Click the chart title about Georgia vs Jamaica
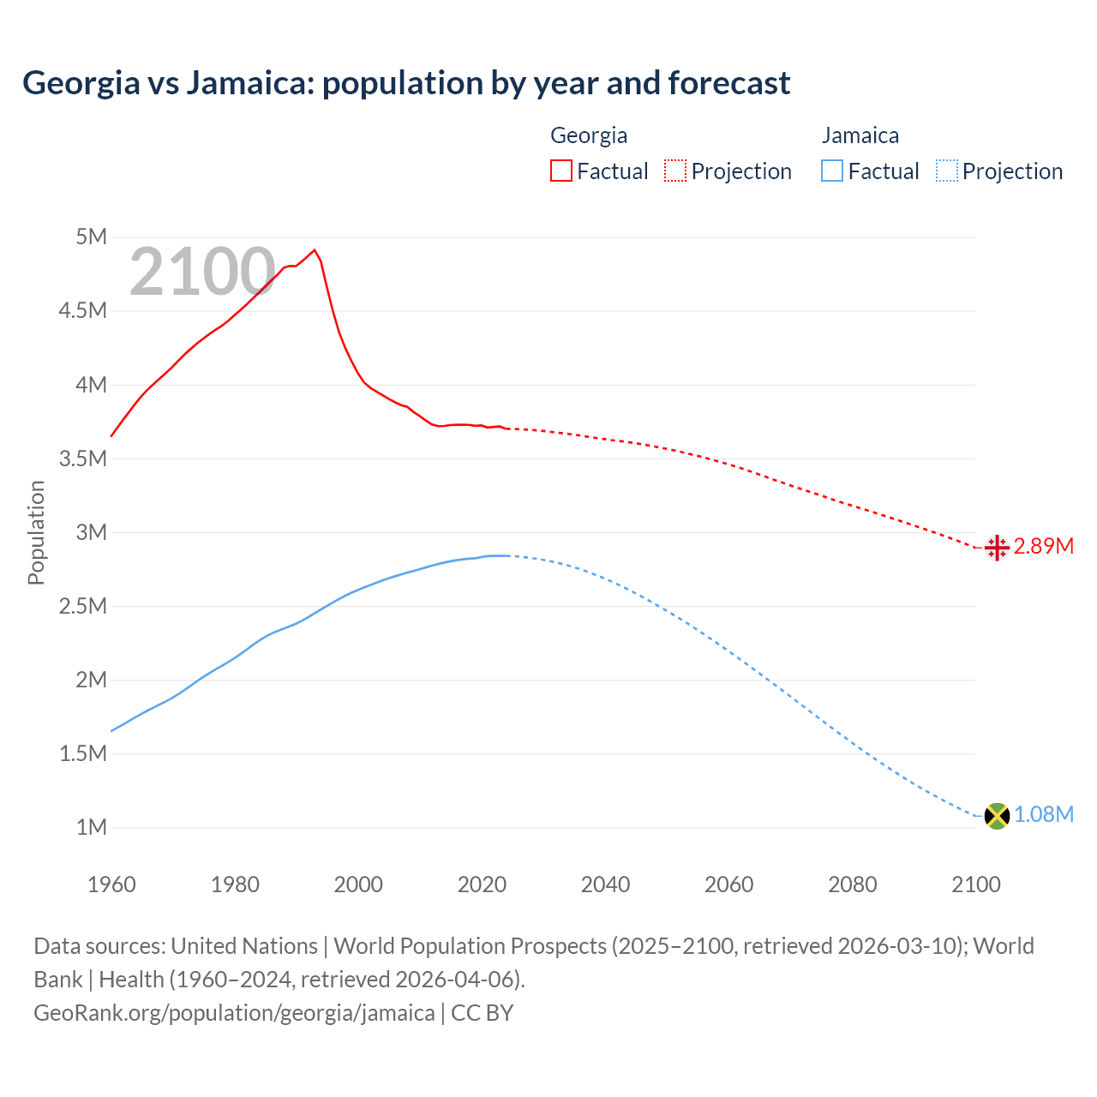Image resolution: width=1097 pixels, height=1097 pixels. pos(406,83)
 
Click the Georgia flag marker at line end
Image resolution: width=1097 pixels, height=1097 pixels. pos(997,547)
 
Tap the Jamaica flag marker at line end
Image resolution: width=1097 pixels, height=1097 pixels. pos(997,815)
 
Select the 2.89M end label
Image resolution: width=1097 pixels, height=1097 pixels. pos(1043,547)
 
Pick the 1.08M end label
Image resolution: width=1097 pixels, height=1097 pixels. pos(1043,815)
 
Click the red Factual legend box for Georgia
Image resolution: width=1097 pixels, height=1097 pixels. pos(561,171)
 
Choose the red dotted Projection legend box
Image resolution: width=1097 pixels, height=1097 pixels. pos(675,171)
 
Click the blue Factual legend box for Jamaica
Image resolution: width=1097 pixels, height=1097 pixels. pos(832,171)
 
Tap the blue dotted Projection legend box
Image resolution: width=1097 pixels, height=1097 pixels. pos(947,171)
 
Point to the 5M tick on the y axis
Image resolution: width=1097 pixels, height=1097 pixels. pos(92,237)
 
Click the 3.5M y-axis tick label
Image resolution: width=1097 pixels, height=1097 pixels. pos(83,459)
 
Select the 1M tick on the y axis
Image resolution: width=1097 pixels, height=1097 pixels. pos(92,828)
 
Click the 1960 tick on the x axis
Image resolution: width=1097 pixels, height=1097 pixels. pos(111,884)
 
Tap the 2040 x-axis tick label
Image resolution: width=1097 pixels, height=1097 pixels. pos(605,884)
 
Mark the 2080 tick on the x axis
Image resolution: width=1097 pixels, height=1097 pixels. pos(852,884)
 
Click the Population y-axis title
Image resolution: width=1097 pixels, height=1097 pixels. pos(36,532)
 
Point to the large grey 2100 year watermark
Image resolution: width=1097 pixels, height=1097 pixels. pos(202,272)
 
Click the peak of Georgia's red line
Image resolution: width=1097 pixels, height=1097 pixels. pos(315,250)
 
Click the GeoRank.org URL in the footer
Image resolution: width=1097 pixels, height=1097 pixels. pos(234,1013)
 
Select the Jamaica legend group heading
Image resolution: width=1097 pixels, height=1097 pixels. pos(860,135)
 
